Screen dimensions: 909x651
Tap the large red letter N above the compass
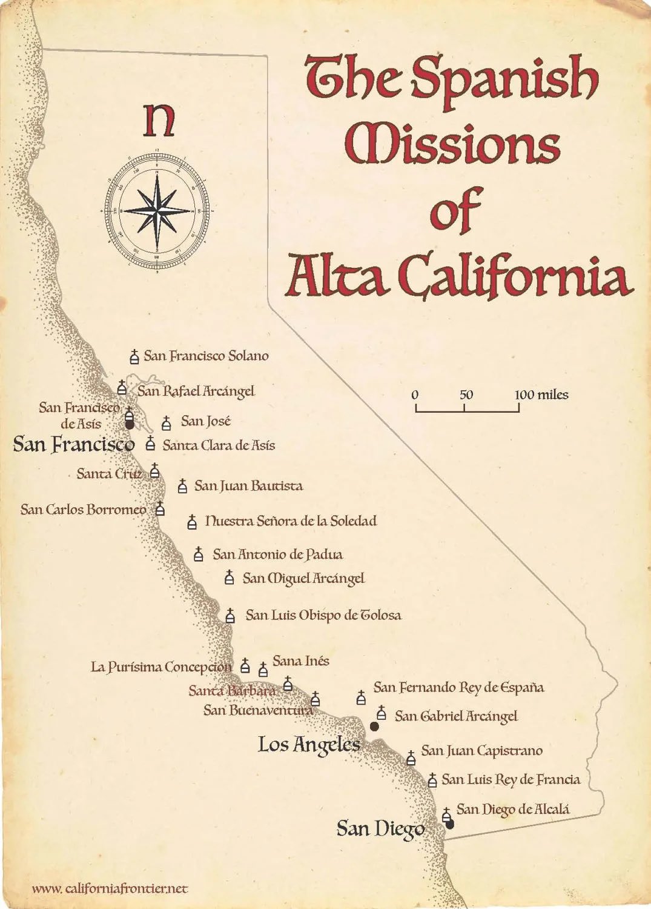pyautogui.click(x=159, y=121)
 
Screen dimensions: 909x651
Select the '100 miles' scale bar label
pyautogui.click(x=541, y=395)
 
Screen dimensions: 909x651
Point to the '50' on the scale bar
pyautogui.click(x=466, y=395)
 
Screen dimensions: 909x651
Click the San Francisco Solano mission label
pyautogui.click(x=206, y=356)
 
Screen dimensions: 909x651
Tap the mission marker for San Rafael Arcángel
pyautogui.click(x=122, y=388)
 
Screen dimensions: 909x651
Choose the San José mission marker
pyautogui.click(x=167, y=423)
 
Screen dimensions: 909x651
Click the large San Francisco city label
pyautogui.click(x=73, y=444)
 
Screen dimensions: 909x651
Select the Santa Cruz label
pyautogui.click(x=110, y=473)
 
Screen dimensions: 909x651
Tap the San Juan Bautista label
pyautogui.click(x=248, y=485)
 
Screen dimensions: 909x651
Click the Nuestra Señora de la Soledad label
pyautogui.click(x=291, y=521)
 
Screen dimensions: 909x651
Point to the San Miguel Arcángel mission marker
pyautogui.click(x=229, y=578)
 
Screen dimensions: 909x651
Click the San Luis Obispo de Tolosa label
pyautogui.click(x=323, y=615)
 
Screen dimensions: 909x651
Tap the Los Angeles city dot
pyautogui.click(x=374, y=726)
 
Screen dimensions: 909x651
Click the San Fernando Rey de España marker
pyautogui.click(x=361, y=698)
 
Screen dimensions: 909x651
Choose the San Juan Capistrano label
pyautogui.click(x=481, y=751)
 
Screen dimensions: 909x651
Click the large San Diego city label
pyautogui.click(x=380, y=828)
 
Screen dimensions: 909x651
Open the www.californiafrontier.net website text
pyautogui.click(x=110, y=888)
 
